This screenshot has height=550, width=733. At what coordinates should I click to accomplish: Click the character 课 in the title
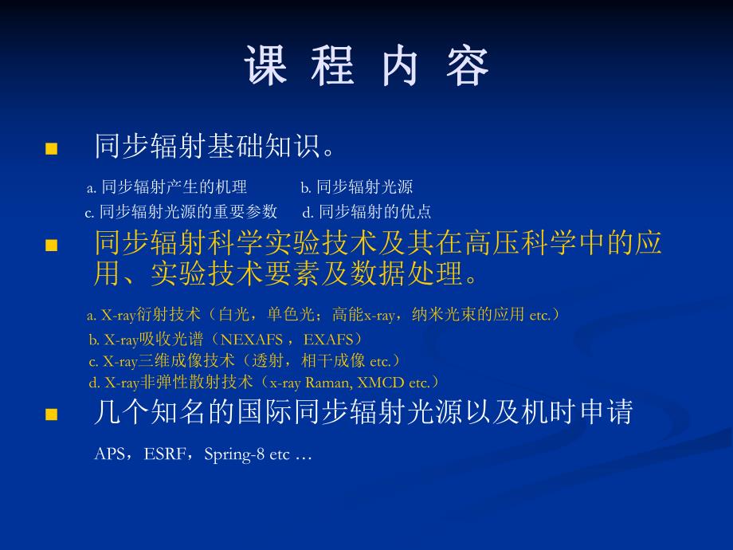click(265, 65)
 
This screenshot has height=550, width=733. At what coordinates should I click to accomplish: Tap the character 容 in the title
click(468, 65)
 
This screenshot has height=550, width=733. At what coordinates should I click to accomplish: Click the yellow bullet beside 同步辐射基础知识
click(52, 149)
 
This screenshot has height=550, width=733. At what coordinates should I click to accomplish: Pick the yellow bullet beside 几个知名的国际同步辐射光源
click(52, 414)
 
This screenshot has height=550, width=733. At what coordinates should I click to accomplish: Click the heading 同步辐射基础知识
click(215, 147)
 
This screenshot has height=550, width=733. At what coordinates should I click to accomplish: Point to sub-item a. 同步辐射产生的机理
click(167, 187)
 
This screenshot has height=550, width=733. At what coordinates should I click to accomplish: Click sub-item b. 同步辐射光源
click(356, 187)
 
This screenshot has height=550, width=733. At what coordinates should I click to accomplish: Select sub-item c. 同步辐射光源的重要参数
click(181, 211)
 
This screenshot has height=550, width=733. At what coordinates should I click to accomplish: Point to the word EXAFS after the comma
click(328, 339)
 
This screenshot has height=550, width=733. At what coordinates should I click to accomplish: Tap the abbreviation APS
click(109, 454)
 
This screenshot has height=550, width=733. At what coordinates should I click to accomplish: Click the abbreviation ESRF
click(163, 454)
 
